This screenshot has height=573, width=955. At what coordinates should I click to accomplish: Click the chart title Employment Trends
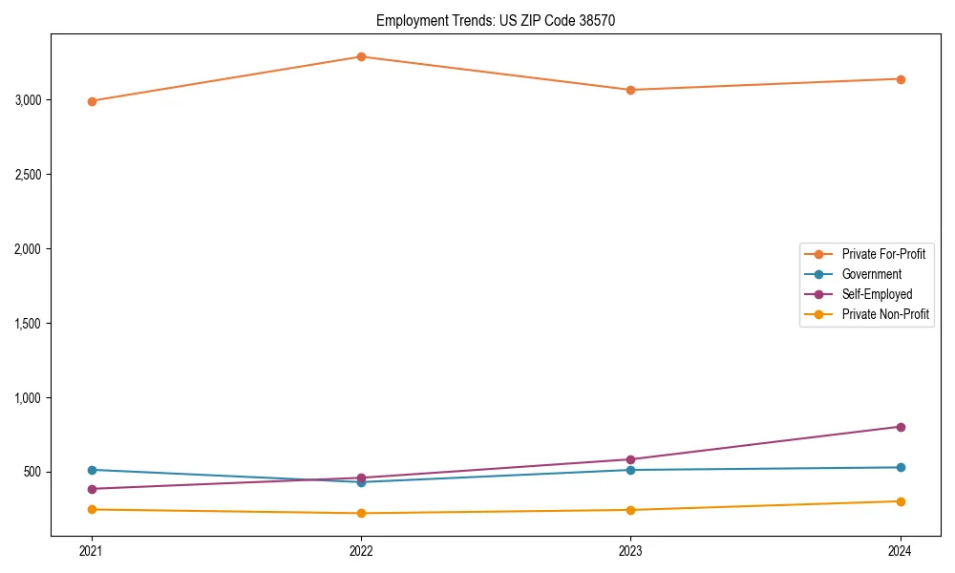489,20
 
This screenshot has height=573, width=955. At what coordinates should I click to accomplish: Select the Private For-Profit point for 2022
361,56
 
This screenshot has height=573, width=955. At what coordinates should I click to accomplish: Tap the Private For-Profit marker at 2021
92,101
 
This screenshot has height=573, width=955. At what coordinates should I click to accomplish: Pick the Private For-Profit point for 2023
630,90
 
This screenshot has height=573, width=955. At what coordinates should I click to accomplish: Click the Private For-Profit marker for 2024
901,79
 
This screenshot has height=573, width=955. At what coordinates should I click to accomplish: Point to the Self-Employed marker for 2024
901,427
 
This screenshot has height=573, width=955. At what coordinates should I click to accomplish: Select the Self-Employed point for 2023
630,459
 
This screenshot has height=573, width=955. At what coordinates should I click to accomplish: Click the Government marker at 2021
92,470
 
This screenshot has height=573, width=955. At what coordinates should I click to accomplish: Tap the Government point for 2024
901,467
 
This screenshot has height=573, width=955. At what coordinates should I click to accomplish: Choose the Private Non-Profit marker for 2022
361,513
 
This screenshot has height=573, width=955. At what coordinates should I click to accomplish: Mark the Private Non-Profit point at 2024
901,501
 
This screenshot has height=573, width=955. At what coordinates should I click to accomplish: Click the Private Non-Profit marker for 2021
92,509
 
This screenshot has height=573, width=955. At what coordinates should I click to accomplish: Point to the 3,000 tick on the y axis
27,100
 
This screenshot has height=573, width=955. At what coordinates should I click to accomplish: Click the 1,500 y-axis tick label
27,324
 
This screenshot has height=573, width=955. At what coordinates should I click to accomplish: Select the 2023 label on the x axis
630,551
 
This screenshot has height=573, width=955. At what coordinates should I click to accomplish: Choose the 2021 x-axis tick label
92,551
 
